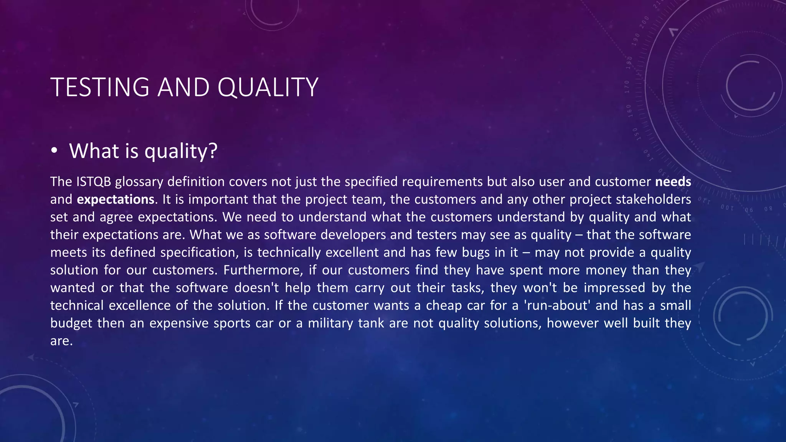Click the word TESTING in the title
point(99,87)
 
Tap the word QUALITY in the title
point(268,87)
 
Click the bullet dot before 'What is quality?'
point(54,151)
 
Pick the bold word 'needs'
point(673,181)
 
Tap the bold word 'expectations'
point(116,200)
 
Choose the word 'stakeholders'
point(653,200)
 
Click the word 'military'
point(330,323)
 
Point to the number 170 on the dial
point(627,87)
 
